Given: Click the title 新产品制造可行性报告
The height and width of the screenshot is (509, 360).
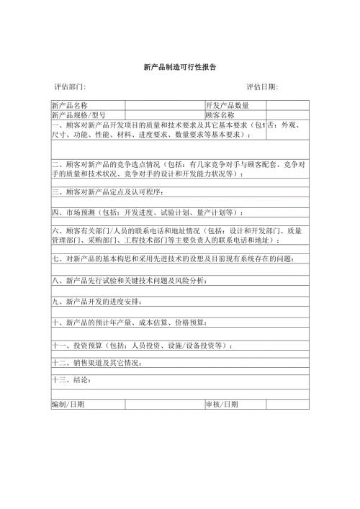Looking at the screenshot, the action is click(x=180, y=66).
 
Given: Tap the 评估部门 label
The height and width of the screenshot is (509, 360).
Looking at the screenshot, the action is click(x=70, y=87).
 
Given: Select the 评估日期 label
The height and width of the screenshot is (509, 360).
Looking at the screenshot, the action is click(x=262, y=87).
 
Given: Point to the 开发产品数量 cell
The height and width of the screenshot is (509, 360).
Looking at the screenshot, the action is click(x=227, y=106).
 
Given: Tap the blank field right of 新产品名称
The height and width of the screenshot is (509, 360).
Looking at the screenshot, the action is click(x=164, y=106).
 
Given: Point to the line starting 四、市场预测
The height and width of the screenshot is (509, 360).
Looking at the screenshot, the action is click(x=148, y=212).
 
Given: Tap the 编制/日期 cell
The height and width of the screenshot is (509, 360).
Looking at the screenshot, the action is click(x=68, y=404).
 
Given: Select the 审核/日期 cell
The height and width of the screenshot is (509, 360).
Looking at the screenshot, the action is click(x=221, y=404).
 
